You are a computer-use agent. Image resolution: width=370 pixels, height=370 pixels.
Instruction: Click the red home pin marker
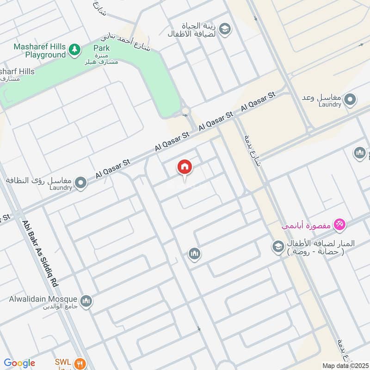tap(184, 167)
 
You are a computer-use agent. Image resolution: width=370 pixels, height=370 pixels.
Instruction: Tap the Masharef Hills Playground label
tap(39, 51)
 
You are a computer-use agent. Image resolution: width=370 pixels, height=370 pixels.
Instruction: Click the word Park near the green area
tap(101, 48)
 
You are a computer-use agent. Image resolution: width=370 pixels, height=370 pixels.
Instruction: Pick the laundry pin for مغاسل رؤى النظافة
tap(81, 183)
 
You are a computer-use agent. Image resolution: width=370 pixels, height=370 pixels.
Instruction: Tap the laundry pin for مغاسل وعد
tap(351, 99)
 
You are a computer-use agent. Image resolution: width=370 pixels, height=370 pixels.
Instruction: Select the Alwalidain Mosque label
tap(43, 298)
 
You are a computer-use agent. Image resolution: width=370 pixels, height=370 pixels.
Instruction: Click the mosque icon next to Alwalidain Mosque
tap(86, 302)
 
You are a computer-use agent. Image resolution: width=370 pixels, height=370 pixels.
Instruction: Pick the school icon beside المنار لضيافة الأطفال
tap(278, 246)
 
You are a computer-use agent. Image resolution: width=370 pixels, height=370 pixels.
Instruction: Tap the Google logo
tap(19, 363)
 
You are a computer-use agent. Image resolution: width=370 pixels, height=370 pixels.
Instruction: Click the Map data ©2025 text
tap(344, 366)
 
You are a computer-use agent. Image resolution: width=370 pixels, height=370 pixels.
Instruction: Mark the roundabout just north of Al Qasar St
tap(185, 111)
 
